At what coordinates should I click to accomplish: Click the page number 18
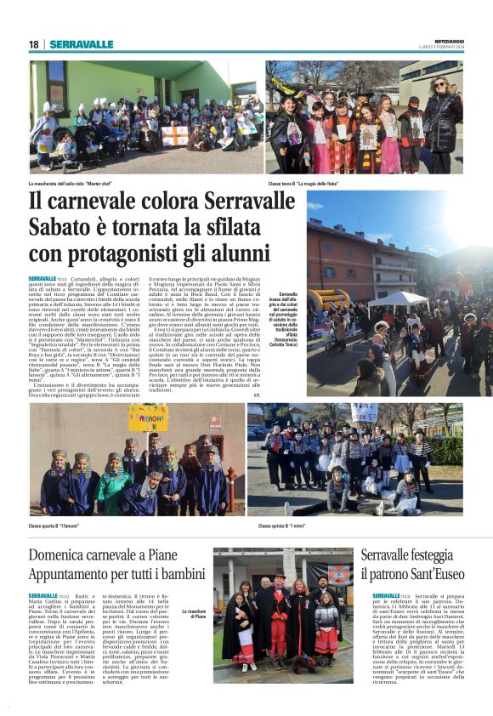[33, 44]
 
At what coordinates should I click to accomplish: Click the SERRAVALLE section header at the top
[82, 44]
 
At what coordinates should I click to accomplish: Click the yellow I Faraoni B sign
[148, 418]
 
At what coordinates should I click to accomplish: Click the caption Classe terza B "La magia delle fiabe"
[305, 183]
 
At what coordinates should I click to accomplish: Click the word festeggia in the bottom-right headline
[429, 555]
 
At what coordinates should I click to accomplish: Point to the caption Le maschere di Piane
[194, 613]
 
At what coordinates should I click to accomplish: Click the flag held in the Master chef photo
[175, 134]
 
